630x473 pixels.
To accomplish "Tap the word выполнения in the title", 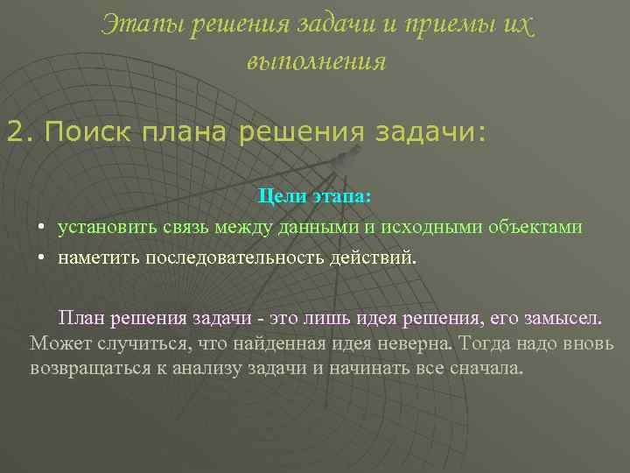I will (316, 62).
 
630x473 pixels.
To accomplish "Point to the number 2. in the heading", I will (20, 134).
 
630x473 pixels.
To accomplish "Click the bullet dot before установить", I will (41, 228).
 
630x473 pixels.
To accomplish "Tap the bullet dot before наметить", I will (41, 259).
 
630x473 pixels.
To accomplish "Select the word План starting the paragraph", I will (84, 316).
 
